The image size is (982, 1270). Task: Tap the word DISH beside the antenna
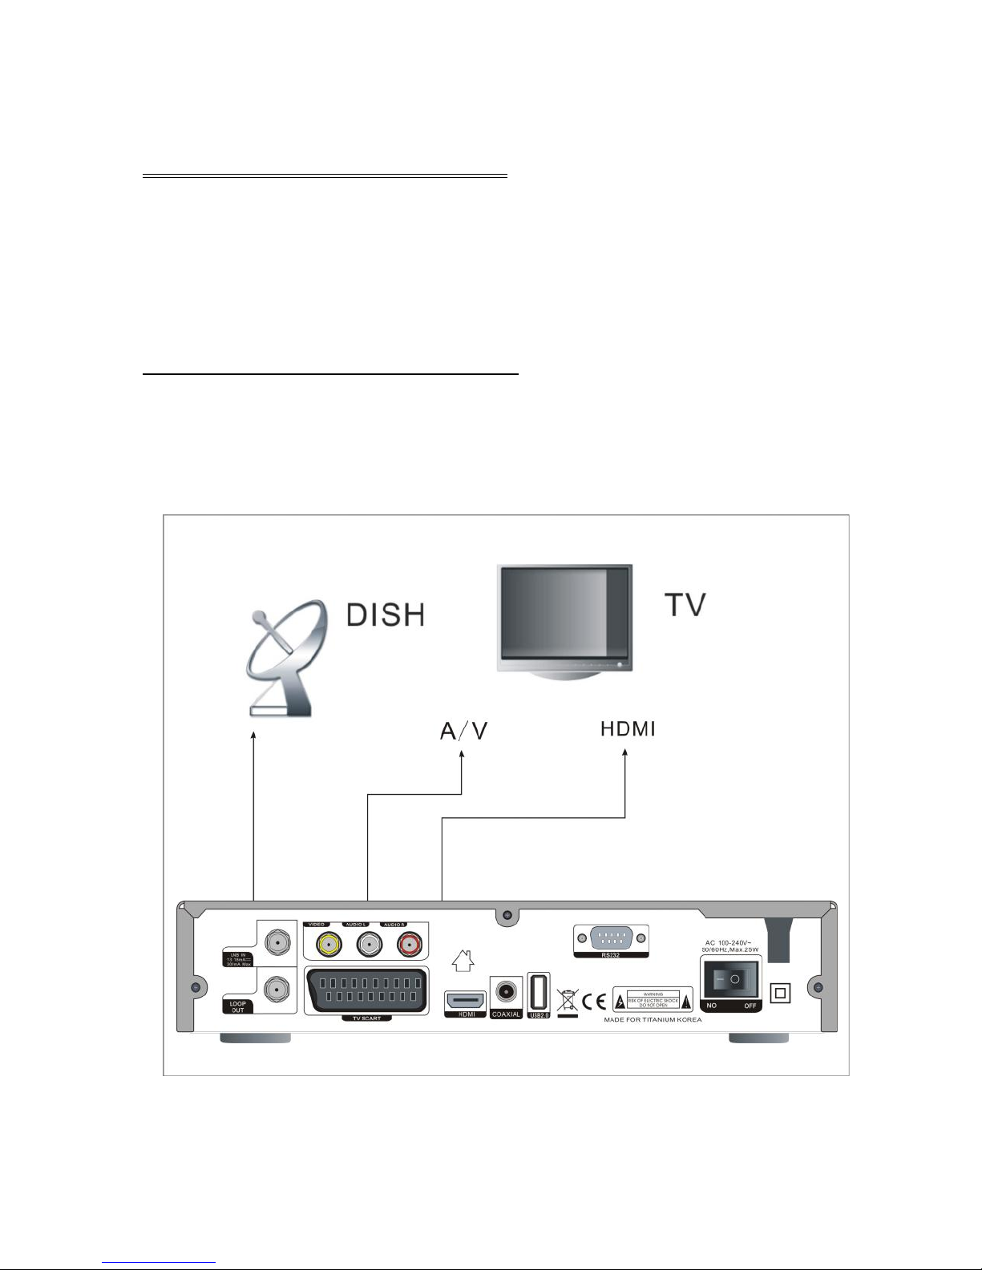[x=385, y=615]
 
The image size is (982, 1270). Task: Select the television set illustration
[x=564, y=622]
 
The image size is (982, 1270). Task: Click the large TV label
[x=685, y=605]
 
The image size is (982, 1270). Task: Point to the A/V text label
[x=464, y=732]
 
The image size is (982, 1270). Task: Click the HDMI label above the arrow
[x=628, y=729]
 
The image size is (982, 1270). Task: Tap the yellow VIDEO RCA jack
[x=325, y=944]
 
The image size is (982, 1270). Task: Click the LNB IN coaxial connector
[x=277, y=943]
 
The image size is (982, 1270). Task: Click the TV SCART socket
[x=366, y=991]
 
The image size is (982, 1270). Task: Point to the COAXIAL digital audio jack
[x=506, y=993]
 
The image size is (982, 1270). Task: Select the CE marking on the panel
[x=594, y=1002]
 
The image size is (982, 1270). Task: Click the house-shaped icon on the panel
[x=464, y=958]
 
